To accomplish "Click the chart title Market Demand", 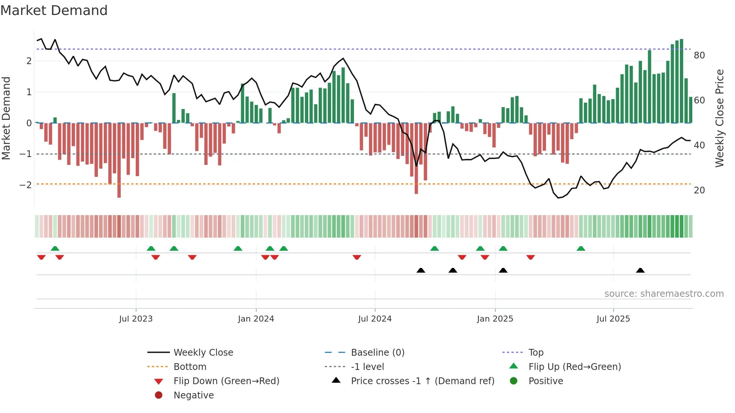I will pos(54,10).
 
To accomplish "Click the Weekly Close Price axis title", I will pos(719,118).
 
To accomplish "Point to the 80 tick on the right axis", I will pos(699,55).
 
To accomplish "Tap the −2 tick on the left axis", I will pos(25,185).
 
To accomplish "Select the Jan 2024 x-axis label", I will pos(256,319).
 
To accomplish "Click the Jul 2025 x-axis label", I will pos(613,319).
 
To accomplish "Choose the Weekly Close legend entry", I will pos(203,353).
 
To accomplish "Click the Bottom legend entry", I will pos(190,367).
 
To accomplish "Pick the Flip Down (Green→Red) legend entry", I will pos(226,381).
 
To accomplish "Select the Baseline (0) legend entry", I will pos(377,353).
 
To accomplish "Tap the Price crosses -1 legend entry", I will pos(422,381).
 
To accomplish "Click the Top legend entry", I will pos(536,353).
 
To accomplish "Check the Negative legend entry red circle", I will pos(159,395).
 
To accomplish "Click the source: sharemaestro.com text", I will pos(664,294).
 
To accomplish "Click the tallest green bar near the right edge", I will pos(681,81).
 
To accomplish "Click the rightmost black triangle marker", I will pos(640,271).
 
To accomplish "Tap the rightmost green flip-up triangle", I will pos(580,248).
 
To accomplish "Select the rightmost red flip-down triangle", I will pos(530,257).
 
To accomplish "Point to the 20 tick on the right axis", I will pos(699,190).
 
